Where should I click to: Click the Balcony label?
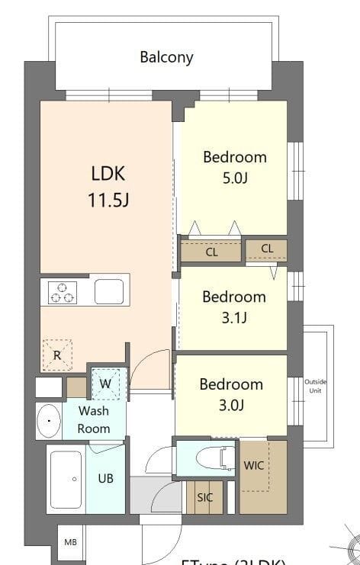coord(166,56)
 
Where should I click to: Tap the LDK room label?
coord(108,173)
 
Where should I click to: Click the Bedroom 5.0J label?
coord(234,167)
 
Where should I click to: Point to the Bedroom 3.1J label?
coord(233,307)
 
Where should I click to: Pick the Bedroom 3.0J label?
coord(231,394)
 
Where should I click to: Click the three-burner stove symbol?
coord(63,292)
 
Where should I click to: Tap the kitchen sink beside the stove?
coord(108,291)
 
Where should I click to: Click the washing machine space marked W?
coord(105,383)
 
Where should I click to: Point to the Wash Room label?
coord(93,419)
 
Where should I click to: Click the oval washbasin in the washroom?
coord(50,419)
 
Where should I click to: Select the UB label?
coord(105,478)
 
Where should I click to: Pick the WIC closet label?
coord(254,465)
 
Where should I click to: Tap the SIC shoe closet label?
coord(204,498)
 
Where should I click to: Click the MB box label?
coord(70,542)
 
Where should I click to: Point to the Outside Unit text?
coord(314,386)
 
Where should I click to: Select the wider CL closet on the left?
coord(211,251)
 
